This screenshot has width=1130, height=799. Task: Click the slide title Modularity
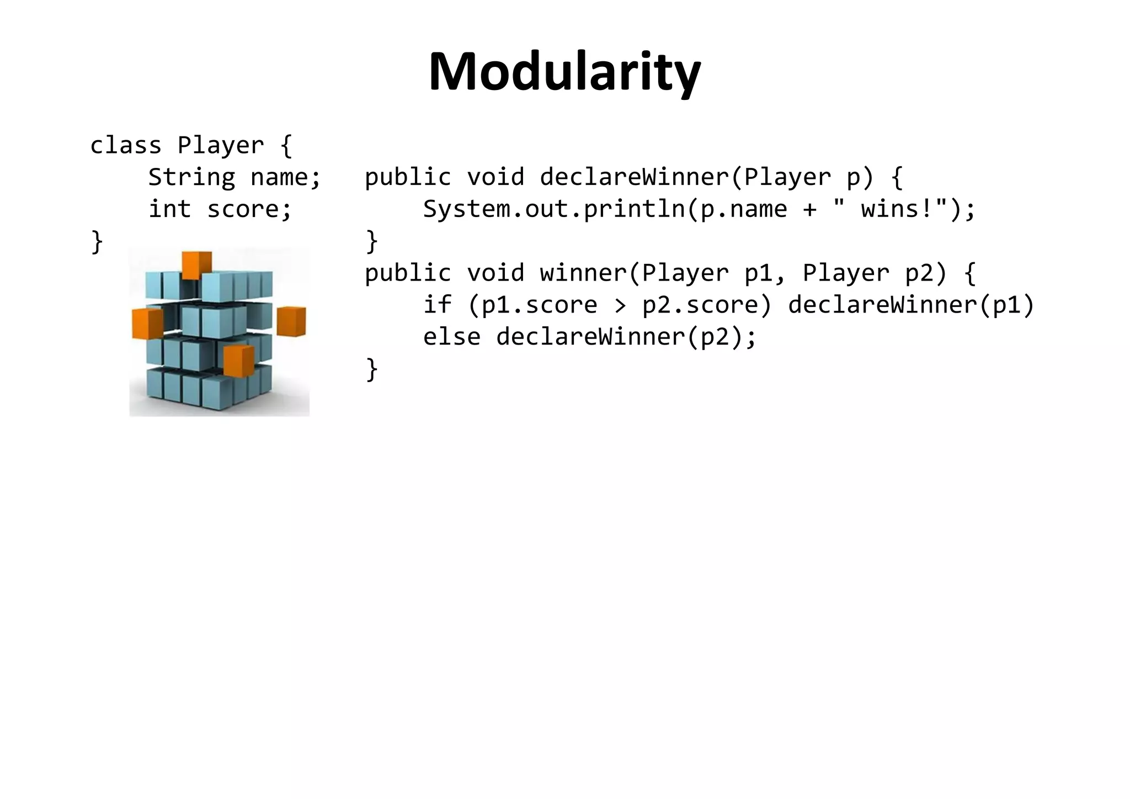(564, 72)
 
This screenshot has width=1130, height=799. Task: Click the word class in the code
(125, 146)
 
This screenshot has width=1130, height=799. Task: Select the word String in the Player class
(191, 178)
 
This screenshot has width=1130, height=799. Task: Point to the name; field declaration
(285, 178)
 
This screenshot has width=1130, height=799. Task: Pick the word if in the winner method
(437, 305)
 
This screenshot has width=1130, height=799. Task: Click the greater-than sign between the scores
(620, 305)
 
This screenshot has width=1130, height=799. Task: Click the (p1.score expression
(532, 305)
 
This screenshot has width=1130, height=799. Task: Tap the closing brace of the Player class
(97, 242)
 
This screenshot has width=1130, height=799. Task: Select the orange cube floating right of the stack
(291, 321)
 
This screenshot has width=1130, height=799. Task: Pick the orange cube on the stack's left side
(147, 323)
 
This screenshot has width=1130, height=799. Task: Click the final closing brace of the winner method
(372, 369)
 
